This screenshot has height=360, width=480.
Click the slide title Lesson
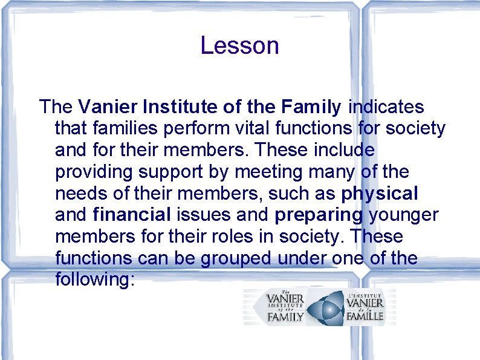click(x=239, y=46)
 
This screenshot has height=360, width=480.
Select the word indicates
click(x=386, y=107)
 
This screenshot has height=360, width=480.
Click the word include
click(x=346, y=149)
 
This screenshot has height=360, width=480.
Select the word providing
click(x=94, y=172)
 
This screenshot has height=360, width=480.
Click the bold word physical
click(x=380, y=194)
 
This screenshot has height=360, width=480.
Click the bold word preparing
click(x=319, y=215)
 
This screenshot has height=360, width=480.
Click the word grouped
click(x=238, y=259)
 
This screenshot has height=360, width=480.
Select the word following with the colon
click(x=94, y=280)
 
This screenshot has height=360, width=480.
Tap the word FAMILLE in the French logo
click(x=365, y=316)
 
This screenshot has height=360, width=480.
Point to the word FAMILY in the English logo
click(x=285, y=317)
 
